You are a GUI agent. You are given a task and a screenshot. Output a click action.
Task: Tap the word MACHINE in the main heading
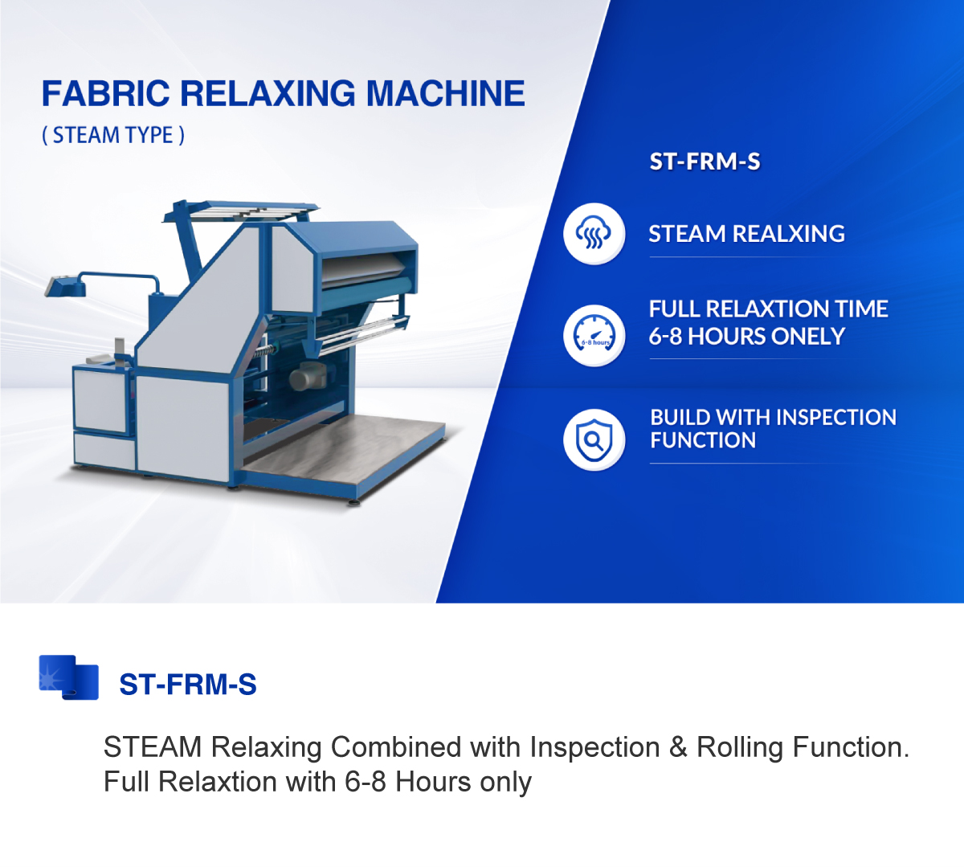[x=445, y=94]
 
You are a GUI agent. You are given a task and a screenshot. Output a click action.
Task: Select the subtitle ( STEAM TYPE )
[x=113, y=135]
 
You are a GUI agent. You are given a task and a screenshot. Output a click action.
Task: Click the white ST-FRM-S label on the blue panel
[x=705, y=162]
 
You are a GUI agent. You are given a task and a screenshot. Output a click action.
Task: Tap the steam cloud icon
[x=594, y=234]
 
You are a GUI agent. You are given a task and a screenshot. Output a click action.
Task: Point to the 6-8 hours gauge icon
[x=594, y=336]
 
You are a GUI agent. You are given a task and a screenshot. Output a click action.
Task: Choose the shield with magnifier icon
[x=594, y=440]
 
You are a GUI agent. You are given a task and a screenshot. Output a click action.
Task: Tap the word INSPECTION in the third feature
[x=835, y=417]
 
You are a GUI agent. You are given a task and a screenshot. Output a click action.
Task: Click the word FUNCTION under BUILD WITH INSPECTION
[x=703, y=440]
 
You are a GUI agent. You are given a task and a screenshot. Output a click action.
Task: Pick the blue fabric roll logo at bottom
[x=68, y=677]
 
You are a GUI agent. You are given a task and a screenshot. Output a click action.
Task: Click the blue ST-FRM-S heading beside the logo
[x=188, y=685]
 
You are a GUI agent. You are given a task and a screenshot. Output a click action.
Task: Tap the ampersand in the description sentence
[x=678, y=747]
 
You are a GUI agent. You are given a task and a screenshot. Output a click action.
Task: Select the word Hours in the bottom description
[x=432, y=782]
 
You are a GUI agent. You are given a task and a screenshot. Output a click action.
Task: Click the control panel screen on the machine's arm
[x=57, y=285]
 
